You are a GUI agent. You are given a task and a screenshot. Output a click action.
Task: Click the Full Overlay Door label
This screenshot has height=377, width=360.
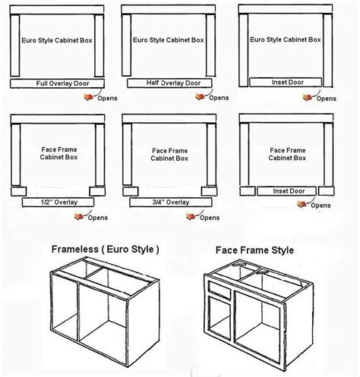click(61, 83)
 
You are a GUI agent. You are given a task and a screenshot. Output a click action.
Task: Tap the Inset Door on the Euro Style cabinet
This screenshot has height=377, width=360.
click(286, 82)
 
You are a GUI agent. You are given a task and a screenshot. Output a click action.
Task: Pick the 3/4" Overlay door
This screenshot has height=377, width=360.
click(168, 203)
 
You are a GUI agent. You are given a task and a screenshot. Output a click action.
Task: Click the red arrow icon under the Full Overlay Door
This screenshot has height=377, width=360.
click(90, 97)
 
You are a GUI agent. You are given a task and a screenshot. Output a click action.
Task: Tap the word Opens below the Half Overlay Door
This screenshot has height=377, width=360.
click(219, 98)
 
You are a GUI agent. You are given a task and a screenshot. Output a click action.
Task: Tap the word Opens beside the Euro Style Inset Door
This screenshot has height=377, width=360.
click(327, 98)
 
